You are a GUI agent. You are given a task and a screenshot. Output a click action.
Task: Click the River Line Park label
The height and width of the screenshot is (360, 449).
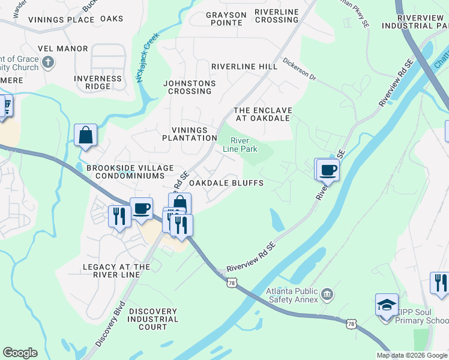(235, 145)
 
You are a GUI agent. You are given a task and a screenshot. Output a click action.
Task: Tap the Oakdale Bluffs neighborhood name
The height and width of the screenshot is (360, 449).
(226, 183)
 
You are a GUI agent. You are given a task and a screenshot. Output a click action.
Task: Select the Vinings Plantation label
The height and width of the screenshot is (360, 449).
(189, 134)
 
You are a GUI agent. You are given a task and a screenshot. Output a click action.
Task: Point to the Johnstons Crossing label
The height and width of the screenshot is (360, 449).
(190, 87)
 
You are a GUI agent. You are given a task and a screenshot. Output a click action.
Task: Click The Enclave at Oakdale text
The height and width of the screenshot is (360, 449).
(262, 114)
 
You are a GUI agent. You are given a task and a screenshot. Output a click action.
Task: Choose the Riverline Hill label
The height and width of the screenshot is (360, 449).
(244, 67)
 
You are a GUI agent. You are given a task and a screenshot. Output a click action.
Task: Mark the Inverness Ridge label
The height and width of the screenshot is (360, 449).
(98, 82)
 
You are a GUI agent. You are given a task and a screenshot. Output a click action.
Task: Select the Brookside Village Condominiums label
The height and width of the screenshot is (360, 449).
(125, 172)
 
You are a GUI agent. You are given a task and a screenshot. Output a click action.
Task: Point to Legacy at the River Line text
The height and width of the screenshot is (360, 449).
(116, 271)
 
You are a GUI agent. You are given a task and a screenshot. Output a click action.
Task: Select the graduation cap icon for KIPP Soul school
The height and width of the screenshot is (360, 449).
(387, 304)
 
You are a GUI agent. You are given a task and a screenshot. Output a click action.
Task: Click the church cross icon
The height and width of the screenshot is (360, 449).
(49, 62)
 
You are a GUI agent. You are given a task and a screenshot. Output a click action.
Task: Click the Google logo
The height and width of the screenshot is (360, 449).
(20, 353)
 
